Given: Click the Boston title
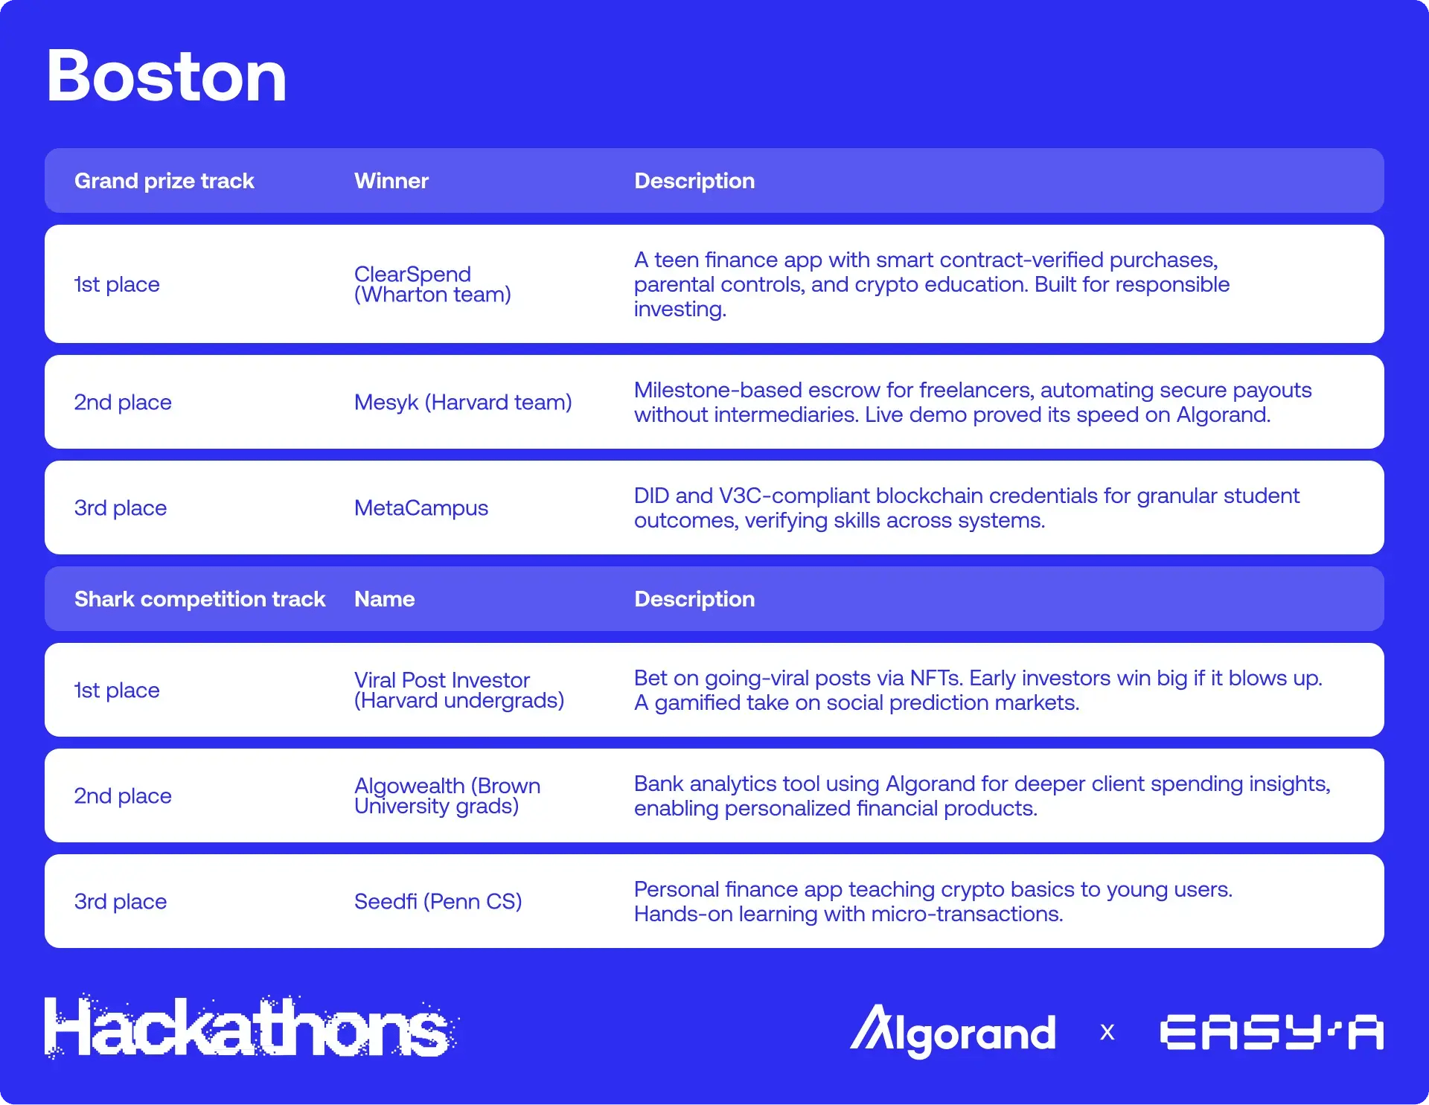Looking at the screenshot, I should (166, 77).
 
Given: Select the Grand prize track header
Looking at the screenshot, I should (164, 181).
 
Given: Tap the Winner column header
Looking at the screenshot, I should (391, 181).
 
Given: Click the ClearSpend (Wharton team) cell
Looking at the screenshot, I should (432, 284).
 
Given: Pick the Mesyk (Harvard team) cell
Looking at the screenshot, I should (462, 403).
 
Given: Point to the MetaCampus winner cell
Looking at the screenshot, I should (421, 508).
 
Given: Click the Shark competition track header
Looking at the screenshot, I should (199, 599).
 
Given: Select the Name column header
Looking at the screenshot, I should (384, 599).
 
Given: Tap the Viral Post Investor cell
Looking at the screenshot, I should (458, 690).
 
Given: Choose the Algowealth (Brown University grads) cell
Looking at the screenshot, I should (447, 795).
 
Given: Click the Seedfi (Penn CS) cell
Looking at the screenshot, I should (438, 902).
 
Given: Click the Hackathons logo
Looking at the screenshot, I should (249, 1028).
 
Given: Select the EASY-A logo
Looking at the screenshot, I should (1271, 1033).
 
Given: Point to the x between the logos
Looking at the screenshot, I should (1107, 1033).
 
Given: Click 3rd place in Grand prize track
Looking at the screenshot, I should (120, 508).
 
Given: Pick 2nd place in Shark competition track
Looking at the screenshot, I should (122, 796).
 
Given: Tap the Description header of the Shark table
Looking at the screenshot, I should (694, 599).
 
